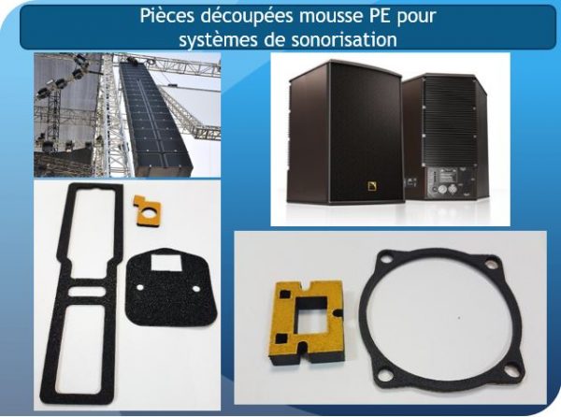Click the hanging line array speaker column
coord(155,117)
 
